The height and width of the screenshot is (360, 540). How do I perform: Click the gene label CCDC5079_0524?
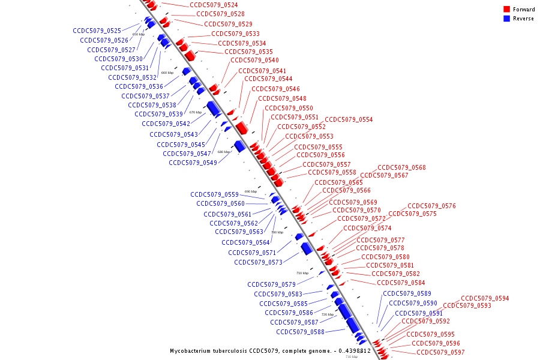(214, 5)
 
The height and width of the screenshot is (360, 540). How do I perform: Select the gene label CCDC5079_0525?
(97, 31)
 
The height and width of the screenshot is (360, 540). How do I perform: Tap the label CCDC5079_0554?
(349, 120)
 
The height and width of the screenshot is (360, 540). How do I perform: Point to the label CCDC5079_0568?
(401, 167)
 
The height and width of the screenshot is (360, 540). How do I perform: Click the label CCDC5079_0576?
(431, 206)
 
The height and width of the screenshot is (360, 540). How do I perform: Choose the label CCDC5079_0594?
(485, 298)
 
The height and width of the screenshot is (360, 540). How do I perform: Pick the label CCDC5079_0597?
(440, 352)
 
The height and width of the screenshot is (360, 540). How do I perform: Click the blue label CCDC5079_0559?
(214, 194)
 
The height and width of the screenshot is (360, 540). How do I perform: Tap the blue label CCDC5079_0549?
(193, 163)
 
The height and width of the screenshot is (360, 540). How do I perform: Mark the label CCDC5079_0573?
(258, 262)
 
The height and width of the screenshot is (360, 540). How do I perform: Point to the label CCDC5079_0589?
(407, 293)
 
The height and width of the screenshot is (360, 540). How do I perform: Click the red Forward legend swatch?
(507, 9)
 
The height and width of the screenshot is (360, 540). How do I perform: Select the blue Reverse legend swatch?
(507, 19)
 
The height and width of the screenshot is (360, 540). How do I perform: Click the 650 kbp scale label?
(138, 35)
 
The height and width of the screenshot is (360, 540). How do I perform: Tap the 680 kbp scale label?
(223, 152)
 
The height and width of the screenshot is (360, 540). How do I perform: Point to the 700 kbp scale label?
(277, 232)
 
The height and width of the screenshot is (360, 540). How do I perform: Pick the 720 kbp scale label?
(327, 314)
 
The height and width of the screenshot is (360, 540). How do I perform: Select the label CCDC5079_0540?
(254, 60)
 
